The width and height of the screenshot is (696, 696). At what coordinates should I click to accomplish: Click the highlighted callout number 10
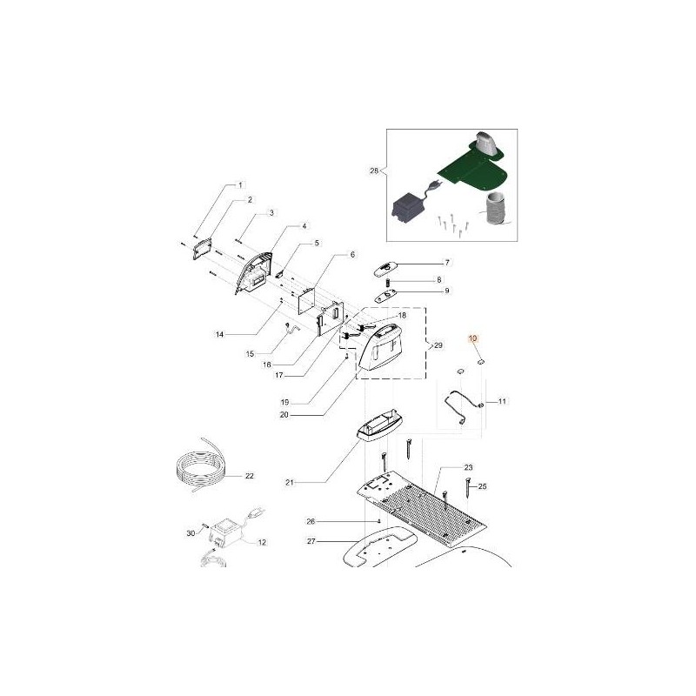pyautogui.click(x=472, y=338)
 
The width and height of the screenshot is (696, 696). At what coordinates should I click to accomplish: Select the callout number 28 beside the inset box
pyautogui.click(x=374, y=171)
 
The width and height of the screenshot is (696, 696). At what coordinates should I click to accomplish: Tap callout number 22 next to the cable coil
pyautogui.click(x=250, y=476)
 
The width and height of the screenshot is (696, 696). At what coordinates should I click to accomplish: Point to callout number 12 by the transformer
pyautogui.click(x=262, y=542)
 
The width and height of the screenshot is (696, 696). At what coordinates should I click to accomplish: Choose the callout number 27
pyautogui.click(x=311, y=541)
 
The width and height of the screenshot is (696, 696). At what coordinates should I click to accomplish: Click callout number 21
pyautogui.click(x=290, y=483)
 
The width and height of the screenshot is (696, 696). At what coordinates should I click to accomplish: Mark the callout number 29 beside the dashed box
pyautogui.click(x=438, y=345)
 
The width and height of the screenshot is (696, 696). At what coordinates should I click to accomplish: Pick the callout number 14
pyautogui.click(x=220, y=335)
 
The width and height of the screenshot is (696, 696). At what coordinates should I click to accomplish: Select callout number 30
pyautogui.click(x=191, y=533)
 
